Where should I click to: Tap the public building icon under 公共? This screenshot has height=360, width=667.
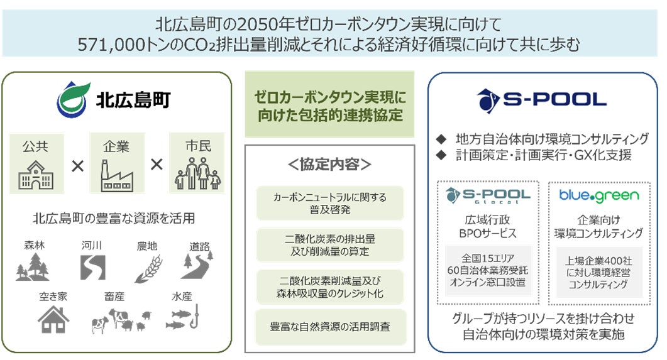35,177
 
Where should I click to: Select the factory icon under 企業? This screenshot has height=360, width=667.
116,177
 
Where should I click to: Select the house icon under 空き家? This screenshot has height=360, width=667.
53,319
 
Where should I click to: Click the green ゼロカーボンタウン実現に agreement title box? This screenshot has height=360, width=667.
331,105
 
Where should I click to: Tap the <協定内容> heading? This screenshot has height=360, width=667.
330,165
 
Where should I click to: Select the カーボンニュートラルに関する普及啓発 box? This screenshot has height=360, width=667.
330,202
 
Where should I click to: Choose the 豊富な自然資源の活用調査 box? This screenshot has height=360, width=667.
330,326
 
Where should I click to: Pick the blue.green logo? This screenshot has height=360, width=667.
599,195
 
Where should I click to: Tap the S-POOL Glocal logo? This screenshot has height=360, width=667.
488,195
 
